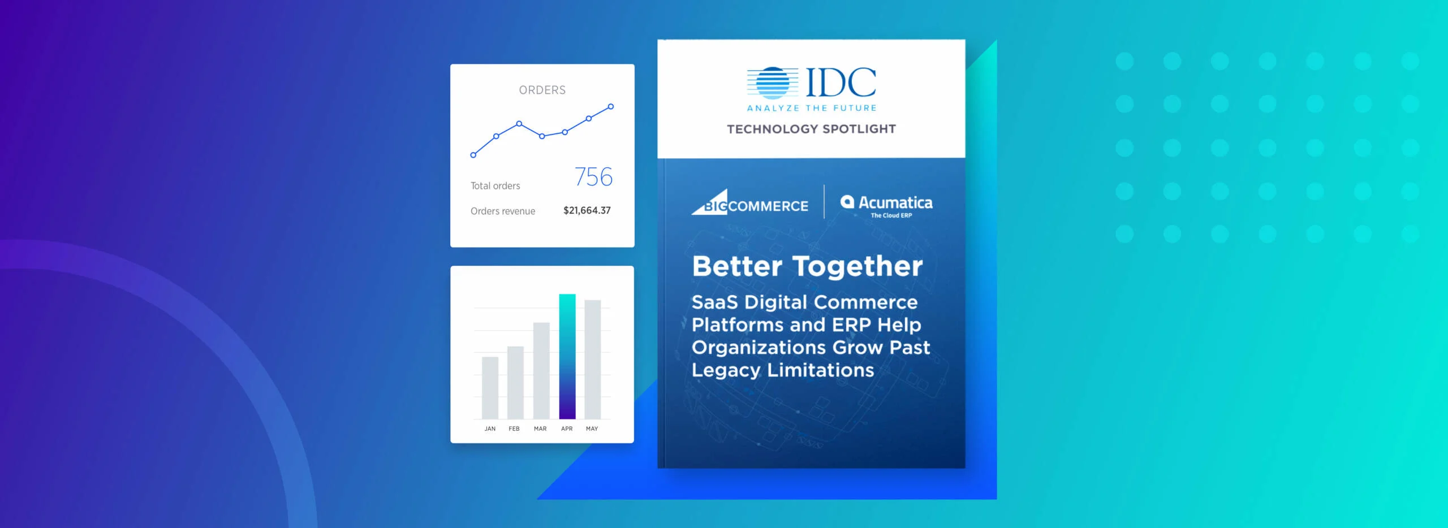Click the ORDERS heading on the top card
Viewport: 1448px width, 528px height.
point(542,90)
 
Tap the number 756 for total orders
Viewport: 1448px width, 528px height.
point(593,177)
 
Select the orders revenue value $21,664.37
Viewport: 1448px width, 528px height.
point(587,210)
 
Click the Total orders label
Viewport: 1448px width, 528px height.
point(495,185)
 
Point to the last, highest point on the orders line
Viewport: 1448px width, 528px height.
point(610,106)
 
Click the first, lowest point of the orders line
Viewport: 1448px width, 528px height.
point(473,155)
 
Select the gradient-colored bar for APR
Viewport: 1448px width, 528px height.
point(567,356)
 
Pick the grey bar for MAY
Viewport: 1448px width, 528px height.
point(592,360)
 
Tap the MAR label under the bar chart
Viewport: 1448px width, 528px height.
point(540,429)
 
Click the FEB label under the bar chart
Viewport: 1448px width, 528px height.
point(514,429)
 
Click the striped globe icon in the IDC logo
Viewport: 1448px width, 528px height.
point(772,83)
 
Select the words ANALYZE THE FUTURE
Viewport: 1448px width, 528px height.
point(811,108)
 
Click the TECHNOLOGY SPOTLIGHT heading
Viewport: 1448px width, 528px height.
point(811,129)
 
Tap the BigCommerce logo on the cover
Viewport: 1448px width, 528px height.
point(751,204)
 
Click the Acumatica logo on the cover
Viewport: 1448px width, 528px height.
point(886,205)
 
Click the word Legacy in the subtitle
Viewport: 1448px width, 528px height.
point(726,370)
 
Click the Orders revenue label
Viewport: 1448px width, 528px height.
point(502,211)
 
